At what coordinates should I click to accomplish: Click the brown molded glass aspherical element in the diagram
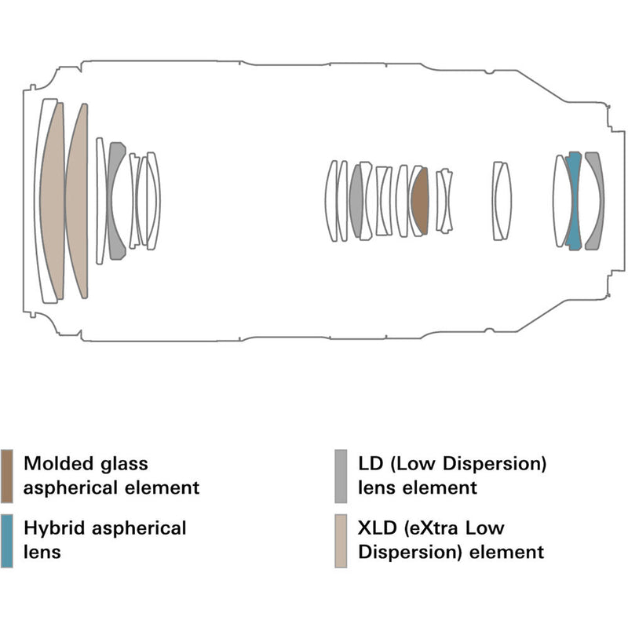point(419,201)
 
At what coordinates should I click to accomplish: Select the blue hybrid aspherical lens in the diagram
point(573,200)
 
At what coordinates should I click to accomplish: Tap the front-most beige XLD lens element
point(53,200)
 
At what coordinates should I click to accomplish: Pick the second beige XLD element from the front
point(78,200)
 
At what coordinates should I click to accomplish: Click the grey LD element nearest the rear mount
point(596,200)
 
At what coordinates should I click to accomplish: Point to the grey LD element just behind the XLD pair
point(116,200)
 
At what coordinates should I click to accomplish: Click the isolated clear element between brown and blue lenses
point(502,200)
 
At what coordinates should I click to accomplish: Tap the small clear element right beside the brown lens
point(444,201)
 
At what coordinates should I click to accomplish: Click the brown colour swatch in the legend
point(7,476)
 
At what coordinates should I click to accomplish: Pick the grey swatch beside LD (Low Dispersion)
point(341,476)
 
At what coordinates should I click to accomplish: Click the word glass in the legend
point(122,464)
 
